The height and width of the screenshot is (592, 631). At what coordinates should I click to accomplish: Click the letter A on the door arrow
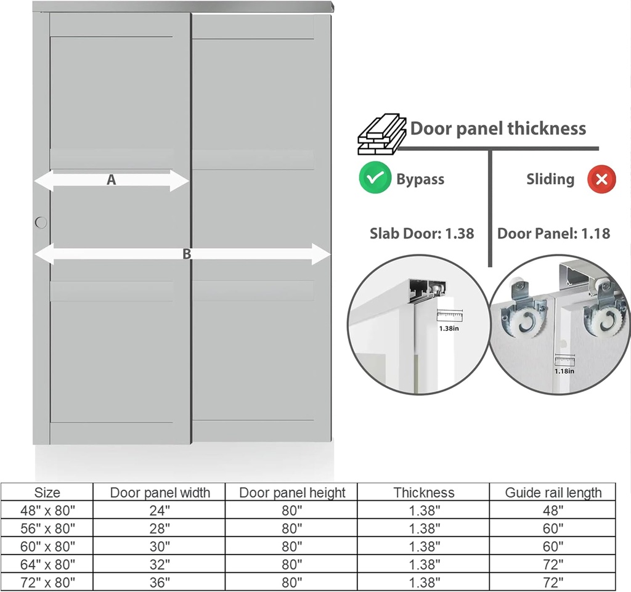[x=111, y=180]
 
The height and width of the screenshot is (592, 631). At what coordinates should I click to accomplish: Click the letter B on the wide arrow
[x=187, y=254]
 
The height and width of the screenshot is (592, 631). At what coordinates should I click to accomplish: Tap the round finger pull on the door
[x=41, y=222]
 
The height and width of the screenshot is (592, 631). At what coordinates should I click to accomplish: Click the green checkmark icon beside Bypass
[x=375, y=179]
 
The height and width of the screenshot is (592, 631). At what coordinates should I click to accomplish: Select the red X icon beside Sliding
[x=602, y=179]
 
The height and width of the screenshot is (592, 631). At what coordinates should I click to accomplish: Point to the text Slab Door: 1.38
[x=421, y=233]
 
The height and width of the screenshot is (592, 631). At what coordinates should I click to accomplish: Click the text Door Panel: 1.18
[x=553, y=233]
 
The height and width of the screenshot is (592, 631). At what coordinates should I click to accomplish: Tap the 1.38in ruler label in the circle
[x=449, y=328]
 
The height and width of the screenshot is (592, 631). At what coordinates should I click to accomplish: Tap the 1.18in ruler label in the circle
[x=564, y=370]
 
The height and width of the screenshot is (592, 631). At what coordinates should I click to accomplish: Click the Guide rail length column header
[x=553, y=492]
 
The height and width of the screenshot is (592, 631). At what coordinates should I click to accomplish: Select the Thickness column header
[x=424, y=492]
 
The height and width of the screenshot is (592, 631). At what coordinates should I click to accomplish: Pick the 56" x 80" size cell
[x=47, y=528]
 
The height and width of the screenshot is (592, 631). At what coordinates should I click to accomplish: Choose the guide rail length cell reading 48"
[x=553, y=510]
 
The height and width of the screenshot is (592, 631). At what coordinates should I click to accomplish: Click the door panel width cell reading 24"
[x=160, y=510]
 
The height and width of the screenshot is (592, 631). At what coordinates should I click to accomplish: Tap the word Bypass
[x=420, y=179]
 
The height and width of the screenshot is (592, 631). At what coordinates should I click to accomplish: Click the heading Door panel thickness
[x=498, y=129]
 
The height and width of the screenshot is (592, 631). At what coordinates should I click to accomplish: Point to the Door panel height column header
[x=292, y=492]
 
